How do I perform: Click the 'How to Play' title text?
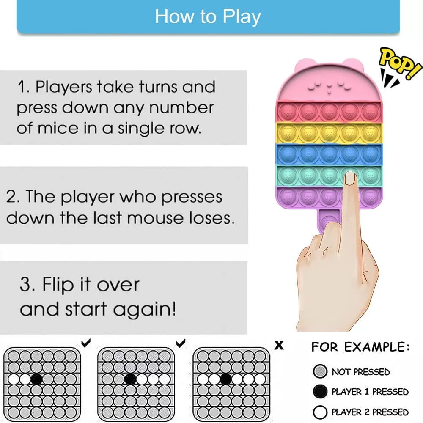[208, 17]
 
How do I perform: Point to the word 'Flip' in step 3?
[58, 285]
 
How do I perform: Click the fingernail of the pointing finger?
[350, 179]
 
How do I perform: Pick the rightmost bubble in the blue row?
[371, 154]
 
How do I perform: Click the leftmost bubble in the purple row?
[287, 197]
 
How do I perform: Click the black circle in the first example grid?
[37, 379]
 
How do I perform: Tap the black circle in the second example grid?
[130, 379]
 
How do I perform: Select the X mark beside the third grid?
[279, 345]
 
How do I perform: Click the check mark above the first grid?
[86, 343]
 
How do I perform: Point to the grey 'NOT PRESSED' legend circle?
[320, 371]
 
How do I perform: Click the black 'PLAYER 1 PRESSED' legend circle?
[320, 391]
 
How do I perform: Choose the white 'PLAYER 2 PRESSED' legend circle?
[320, 412]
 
